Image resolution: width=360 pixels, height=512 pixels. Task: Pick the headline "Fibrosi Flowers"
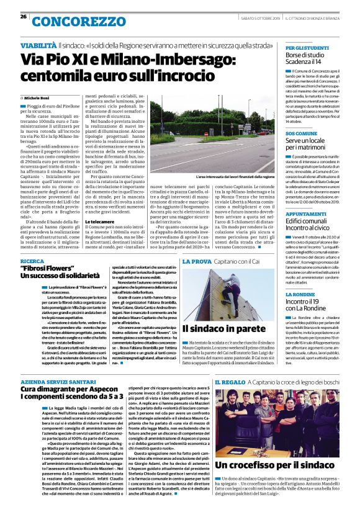[x=50, y=269]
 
